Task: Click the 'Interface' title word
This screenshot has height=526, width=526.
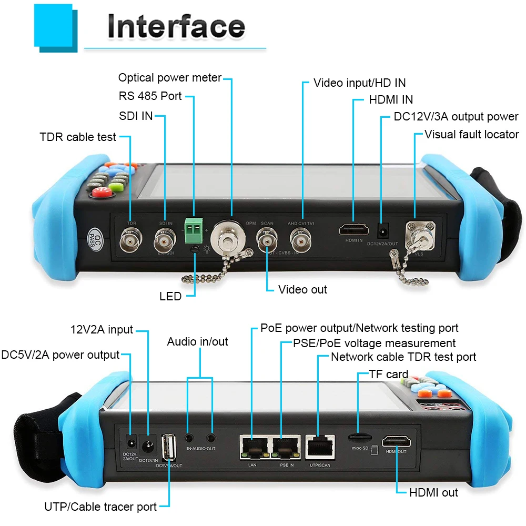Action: tap(176, 26)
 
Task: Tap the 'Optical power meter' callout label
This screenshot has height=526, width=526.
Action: tap(169, 78)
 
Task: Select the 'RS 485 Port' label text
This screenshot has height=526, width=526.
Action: tap(150, 96)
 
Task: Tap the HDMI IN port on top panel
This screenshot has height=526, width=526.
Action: tap(353, 229)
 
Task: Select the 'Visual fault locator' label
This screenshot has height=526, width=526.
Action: tap(471, 135)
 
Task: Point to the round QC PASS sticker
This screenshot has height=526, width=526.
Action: tap(95, 238)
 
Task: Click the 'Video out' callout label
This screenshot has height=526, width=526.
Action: tap(302, 289)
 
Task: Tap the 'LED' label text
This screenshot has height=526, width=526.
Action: tap(170, 297)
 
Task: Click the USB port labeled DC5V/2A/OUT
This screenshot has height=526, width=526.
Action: tap(169, 445)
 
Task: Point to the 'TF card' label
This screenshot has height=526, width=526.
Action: tap(389, 374)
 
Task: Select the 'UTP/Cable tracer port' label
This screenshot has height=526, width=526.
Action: tap(100, 507)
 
